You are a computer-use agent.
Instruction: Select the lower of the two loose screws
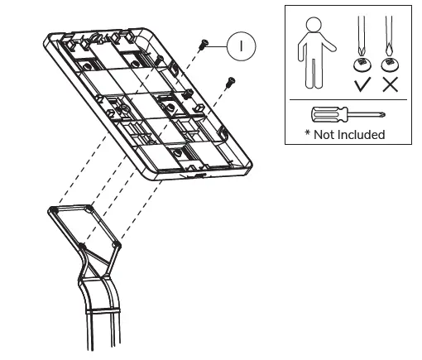coord(231,80)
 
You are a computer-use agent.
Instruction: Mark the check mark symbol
coord(362,85)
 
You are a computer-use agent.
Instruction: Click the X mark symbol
coord(388,85)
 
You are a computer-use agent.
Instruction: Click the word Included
coord(362,134)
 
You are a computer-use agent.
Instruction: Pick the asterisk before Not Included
coord(307,133)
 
